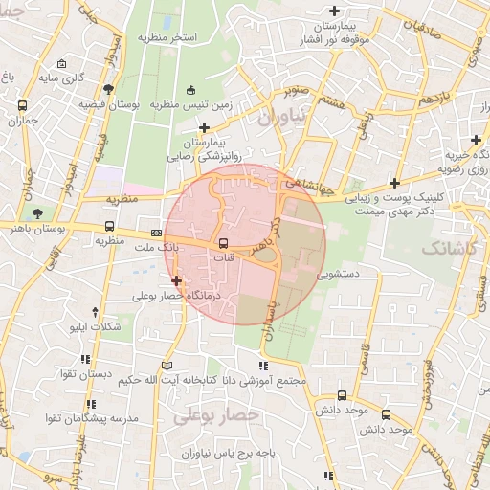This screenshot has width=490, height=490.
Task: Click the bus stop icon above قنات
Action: click(x=223, y=243)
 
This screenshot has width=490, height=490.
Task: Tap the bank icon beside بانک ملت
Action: click(x=156, y=234)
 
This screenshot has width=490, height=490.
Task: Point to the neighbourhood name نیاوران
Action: click(x=285, y=117)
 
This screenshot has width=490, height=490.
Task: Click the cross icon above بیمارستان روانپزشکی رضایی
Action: click(x=203, y=127)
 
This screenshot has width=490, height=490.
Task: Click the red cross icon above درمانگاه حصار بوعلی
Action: click(x=176, y=281)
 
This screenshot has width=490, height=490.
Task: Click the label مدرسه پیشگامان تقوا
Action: click(x=86, y=419)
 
